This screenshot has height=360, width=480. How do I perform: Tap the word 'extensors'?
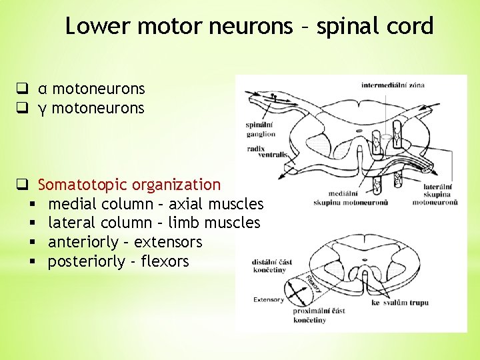pyautogui.click(x=171, y=242)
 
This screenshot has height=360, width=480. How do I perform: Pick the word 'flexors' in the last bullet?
pyautogui.click(x=165, y=261)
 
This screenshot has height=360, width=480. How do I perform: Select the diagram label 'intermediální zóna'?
pyautogui.click(x=393, y=85)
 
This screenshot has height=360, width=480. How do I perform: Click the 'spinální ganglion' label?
pyautogui.click(x=260, y=129)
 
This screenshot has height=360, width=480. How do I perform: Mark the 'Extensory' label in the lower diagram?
pyautogui.click(x=269, y=300)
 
